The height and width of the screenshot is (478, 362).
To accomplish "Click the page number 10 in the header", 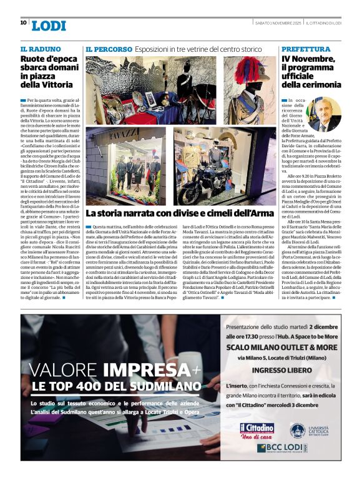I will coord(23,22).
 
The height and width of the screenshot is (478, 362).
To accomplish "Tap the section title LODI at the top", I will coord(48,25).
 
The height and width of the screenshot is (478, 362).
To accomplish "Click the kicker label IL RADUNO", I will coord(41,49).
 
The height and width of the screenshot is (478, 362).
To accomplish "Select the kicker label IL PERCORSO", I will coord(109,49).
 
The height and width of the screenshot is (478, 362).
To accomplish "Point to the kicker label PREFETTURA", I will coord(305,49).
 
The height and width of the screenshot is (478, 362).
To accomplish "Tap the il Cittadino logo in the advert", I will coord(256,429).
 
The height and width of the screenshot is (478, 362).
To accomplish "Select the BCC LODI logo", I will coord(281,448).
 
